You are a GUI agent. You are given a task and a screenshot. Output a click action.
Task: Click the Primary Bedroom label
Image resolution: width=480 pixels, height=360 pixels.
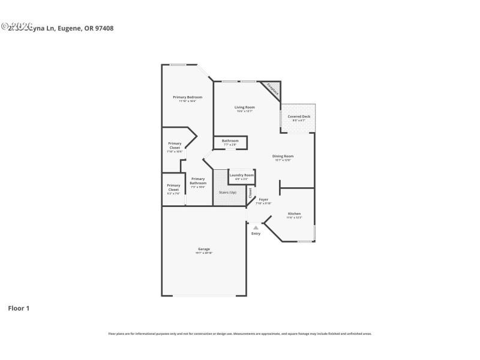pyautogui.click(x=187, y=97)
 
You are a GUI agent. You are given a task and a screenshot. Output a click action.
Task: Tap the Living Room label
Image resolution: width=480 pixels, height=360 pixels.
pyautogui.click(x=244, y=107)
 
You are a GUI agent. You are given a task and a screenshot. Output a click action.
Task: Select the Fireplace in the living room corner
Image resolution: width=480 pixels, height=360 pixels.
pyautogui.click(x=273, y=90)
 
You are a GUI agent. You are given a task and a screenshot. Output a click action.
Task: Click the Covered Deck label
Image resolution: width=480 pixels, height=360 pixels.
pyautogui.click(x=299, y=116)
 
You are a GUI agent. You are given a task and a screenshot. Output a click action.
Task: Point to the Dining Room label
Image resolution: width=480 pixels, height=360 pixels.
pyautogui.click(x=283, y=156)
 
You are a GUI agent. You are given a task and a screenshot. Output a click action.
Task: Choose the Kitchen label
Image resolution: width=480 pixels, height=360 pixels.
pyautogui.click(x=294, y=214)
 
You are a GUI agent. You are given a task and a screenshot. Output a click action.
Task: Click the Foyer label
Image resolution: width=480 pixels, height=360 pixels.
pyautogui.click(x=263, y=199)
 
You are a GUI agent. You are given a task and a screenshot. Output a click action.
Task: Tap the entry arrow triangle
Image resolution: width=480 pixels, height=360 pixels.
pyautogui.click(x=256, y=227)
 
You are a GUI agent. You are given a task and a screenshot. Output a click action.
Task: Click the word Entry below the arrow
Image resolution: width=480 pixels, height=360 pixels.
pyautogui.click(x=256, y=233)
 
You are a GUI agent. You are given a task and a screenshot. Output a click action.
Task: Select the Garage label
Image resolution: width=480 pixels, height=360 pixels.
pyautogui.click(x=204, y=249)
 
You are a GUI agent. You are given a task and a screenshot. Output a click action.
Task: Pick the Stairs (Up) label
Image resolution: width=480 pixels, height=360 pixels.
pyautogui.click(x=227, y=192)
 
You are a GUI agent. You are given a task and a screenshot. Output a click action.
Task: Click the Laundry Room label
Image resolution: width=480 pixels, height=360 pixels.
pyautogui.click(x=241, y=175)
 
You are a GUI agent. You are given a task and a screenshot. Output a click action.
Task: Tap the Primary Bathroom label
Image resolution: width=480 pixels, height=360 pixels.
pyautogui.click(x=198, y=181)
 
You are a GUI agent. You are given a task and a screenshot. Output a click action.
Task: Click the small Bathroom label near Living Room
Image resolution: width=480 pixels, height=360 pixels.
pyautogui.click(x=230, y=141)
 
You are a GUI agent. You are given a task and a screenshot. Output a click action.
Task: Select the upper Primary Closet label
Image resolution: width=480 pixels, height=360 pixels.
pyautogui.click(x=175, y=145)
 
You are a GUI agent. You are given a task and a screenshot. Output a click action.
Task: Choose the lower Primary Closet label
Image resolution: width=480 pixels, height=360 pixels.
pyautogui.click(x=173, y=187)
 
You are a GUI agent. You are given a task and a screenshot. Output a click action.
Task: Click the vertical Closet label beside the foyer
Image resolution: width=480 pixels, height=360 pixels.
pyautogui.click(x=251, y=193)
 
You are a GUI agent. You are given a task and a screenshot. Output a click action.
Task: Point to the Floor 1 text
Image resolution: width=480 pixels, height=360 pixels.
pyautogui.click(x=19, y=308)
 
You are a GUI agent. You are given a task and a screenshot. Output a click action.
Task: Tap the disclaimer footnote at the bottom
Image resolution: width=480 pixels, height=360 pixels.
pyautogui.click(x=239, y=334)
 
